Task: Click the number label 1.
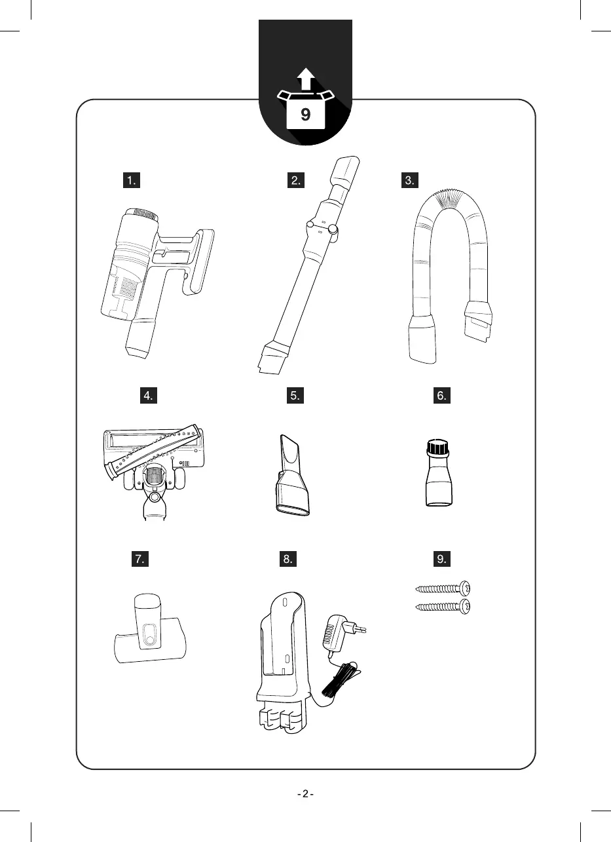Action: pos(133,181)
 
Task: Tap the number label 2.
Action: pos(295,181)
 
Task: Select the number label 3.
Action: pos(411,181)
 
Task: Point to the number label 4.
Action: pos(150,396)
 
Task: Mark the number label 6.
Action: pos(443,396)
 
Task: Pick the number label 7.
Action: pos(139,559)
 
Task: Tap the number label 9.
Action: pos(443,559)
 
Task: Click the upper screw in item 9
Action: pos(443,588)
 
